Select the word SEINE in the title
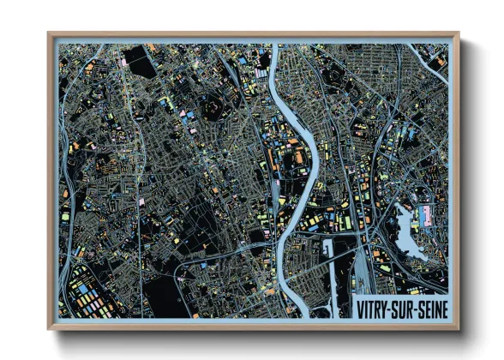436,305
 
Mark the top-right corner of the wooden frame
457,35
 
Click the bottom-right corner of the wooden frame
457,327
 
